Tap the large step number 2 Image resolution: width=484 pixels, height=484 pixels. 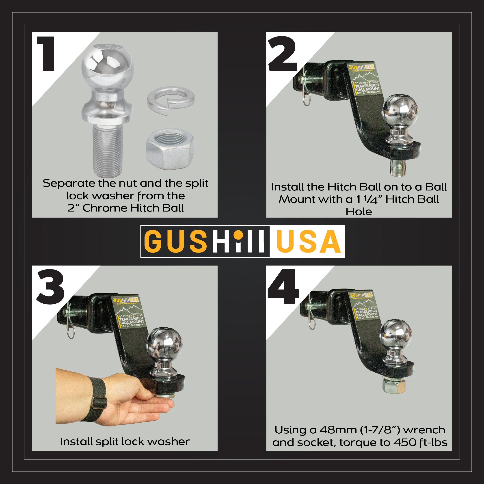(282, 54)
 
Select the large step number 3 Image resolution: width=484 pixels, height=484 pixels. (51, 287)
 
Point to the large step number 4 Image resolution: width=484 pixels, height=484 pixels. (283, 287)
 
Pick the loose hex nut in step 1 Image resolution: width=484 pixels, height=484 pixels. (170, 149)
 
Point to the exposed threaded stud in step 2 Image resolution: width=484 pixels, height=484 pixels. (398, 168)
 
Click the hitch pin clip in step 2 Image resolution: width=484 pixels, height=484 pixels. (306, 86)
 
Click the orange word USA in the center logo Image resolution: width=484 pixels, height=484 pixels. (309, 242)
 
